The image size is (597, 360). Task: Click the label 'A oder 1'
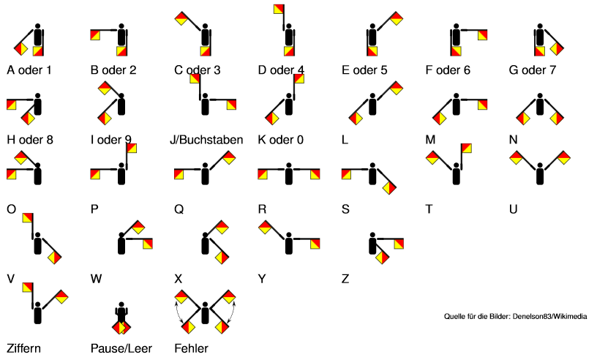(29, 70)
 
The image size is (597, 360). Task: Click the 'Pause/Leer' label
(121, 348)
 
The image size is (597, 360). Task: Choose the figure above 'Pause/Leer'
(121, 318)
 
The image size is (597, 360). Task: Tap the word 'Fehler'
(191, 348)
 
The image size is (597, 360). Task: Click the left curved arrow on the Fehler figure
(178, 312)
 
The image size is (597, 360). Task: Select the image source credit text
(515, 316)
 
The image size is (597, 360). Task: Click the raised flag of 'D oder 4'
(279, 9)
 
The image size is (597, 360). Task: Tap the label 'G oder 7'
(533, 70)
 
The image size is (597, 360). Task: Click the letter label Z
(345, 279)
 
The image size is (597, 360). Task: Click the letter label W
(96, 279)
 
